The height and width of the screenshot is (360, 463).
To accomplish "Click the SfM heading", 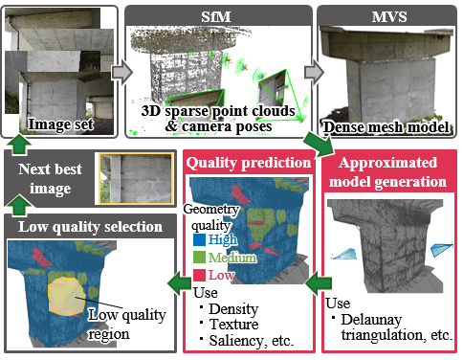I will point(219,14).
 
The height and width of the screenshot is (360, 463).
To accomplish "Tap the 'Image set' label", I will point(62,124).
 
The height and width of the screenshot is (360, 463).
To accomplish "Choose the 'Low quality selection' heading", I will point(88,227).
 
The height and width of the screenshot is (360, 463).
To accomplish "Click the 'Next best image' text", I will point(50,177).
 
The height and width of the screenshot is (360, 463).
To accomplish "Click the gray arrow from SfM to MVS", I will point(311,73).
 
